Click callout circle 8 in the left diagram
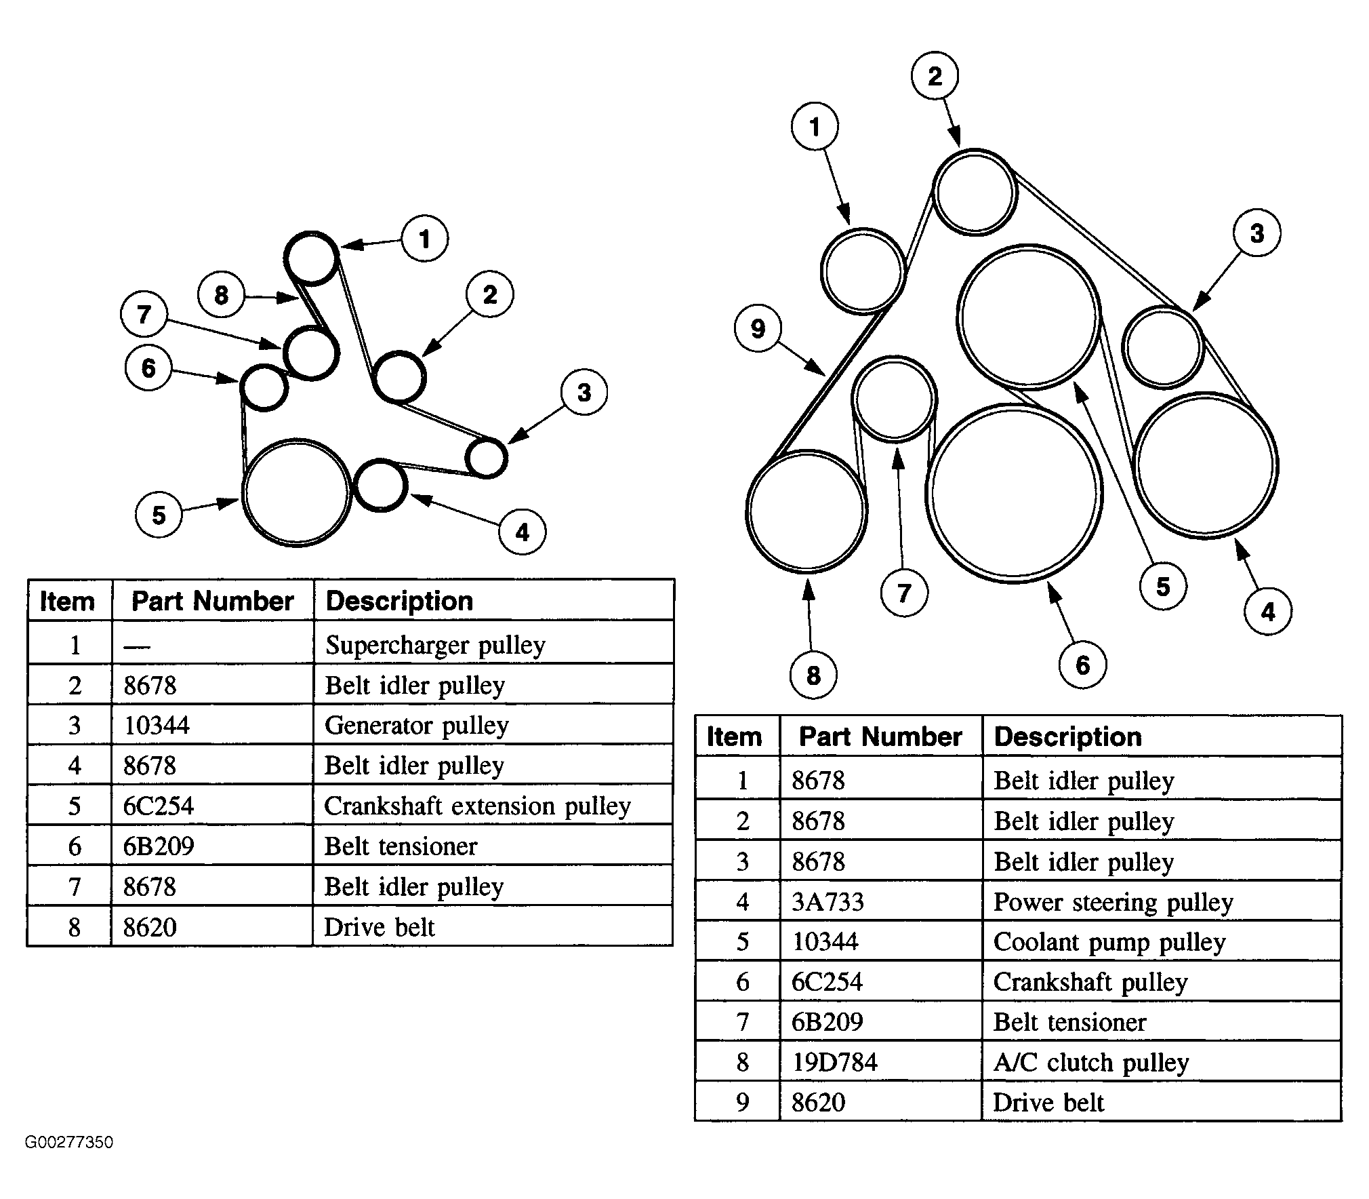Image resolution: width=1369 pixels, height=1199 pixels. coord(221,295)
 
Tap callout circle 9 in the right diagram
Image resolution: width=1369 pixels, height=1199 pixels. coord(758,329)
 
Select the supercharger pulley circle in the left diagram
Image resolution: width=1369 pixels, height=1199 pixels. coord(312,258)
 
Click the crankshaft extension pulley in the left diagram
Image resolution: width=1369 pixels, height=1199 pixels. coord(297,492)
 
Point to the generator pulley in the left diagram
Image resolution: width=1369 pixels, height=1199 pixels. coord(487,458)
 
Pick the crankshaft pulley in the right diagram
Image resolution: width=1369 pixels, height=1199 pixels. coord(1014,494)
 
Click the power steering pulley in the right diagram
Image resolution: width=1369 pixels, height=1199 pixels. coord(1205,465)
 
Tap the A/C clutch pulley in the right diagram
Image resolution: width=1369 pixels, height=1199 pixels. coord(806,511)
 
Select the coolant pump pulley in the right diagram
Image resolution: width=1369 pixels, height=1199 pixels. coord(1029,317)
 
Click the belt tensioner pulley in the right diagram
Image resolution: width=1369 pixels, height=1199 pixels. coord(895,399)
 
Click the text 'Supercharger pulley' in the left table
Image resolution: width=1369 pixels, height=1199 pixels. coord(435,645)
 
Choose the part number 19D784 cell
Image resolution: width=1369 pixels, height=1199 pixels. coord(834,1062)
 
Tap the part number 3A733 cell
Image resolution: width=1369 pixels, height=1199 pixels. coord(827,902)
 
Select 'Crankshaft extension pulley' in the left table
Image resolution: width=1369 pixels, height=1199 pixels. coord(477,806)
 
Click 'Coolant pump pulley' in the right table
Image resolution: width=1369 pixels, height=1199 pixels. coord(1109,942)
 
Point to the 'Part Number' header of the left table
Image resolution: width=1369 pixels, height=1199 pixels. coord(212,601)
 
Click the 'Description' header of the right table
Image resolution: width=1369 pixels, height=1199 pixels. coord(1067,736)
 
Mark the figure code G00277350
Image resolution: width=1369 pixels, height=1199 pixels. coord(69,1142)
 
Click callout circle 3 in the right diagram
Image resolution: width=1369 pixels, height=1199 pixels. coord(1256,233)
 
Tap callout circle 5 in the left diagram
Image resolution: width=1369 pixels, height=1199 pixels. coord(159,515)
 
